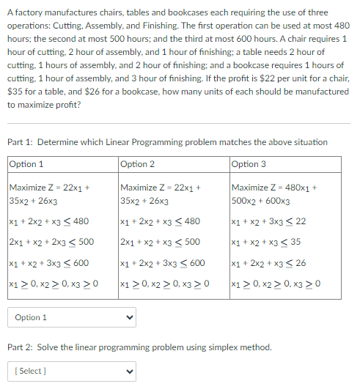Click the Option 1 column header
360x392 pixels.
click(26, 164)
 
